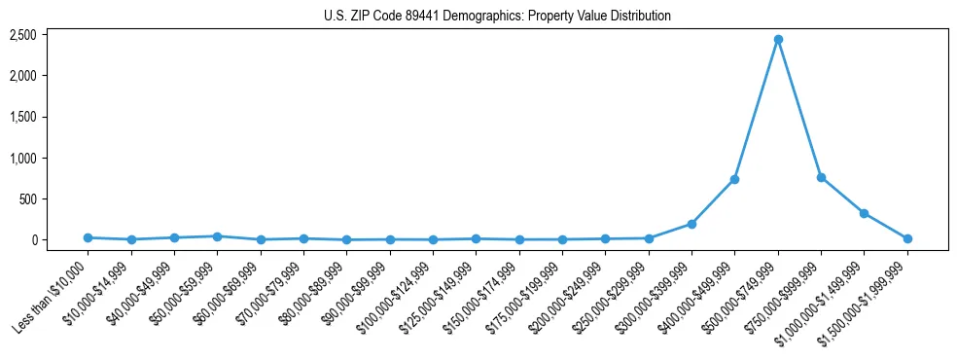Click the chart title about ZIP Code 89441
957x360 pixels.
click(497, 16)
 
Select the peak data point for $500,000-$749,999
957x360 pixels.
click(778, 40)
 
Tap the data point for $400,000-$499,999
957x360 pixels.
click(734, 179)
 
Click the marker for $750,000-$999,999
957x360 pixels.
click(821, 177)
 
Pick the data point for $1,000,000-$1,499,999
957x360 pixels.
click(864, 213)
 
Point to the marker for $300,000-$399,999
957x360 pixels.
click(691, 224)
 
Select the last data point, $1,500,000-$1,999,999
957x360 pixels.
click(907, 238)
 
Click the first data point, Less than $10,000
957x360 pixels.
click(88, 237)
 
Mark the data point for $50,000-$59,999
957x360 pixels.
click(217, 236)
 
